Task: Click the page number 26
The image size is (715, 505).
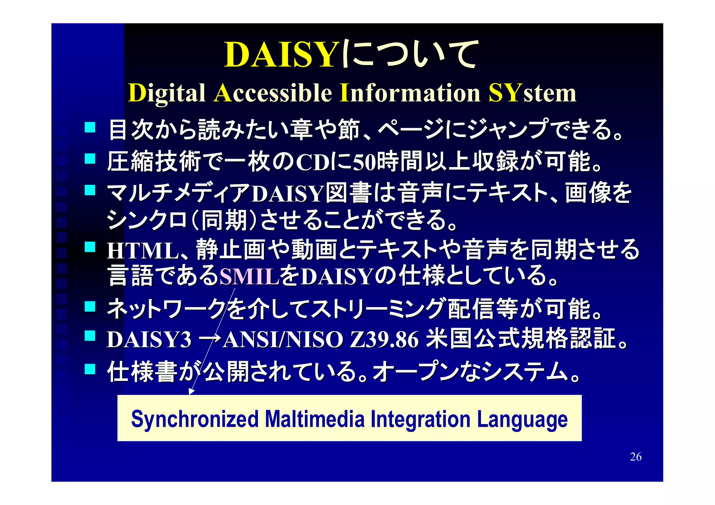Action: [x=635, y=457]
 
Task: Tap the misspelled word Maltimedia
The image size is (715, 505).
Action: [x=315, y=419]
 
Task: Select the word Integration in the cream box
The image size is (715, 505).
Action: [x=420, y=419]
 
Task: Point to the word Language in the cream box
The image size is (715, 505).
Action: [x=522, y=420]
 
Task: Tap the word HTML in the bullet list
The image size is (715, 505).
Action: [x=143, y=251]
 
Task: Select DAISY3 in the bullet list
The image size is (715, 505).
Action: [x=149, y=340]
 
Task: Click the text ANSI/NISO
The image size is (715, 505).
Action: [x=283, y=340]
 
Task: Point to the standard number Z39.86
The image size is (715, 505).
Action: [x=384, y=340]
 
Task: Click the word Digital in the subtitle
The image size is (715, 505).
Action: [x=167, y=93]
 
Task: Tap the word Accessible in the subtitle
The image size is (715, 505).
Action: [x=273, y=93]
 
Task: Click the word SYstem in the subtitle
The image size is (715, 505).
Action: [x=532, y=93]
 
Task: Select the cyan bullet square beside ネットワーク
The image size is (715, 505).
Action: [x=90, y=307]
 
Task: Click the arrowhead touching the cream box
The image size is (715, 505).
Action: [x=191, y=392]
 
